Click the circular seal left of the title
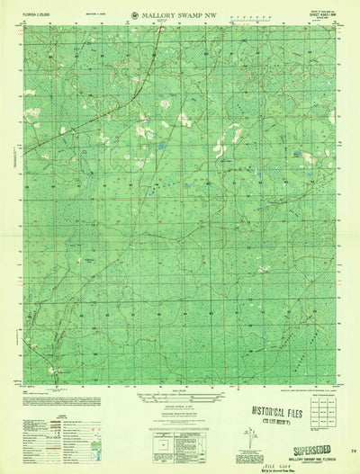click(x=134, y=14)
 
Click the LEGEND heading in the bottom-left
click(x=31, y=422)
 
